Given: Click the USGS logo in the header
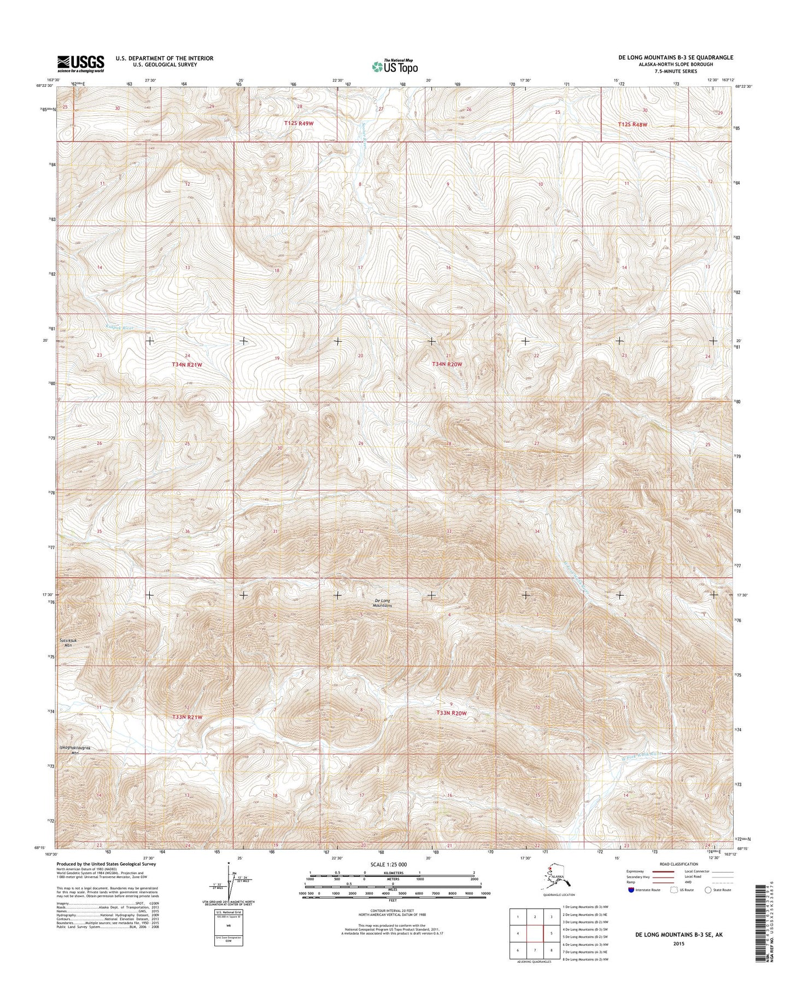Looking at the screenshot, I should tap(80, 64).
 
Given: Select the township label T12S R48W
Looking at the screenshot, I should tap(632, 124).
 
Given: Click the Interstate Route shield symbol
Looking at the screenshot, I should tap(631, 905).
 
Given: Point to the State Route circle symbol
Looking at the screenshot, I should tap(709, 905).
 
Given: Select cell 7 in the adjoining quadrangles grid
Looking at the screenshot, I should tap(535, 950).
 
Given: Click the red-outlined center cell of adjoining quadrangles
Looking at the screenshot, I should tap(535, 933).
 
